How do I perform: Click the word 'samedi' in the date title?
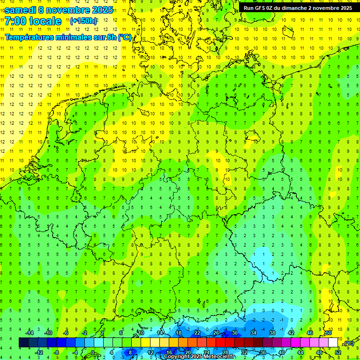20,9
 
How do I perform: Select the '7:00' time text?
15,21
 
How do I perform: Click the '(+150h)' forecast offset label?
83,21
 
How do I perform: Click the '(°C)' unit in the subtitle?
125,37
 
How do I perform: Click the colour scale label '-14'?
29,333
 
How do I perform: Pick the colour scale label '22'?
197,333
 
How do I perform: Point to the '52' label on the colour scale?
337,352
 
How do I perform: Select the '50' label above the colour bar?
329,333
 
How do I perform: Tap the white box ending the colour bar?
333,343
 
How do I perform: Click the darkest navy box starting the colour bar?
23,343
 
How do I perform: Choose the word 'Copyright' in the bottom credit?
177,357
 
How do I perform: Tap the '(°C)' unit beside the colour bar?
349,344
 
